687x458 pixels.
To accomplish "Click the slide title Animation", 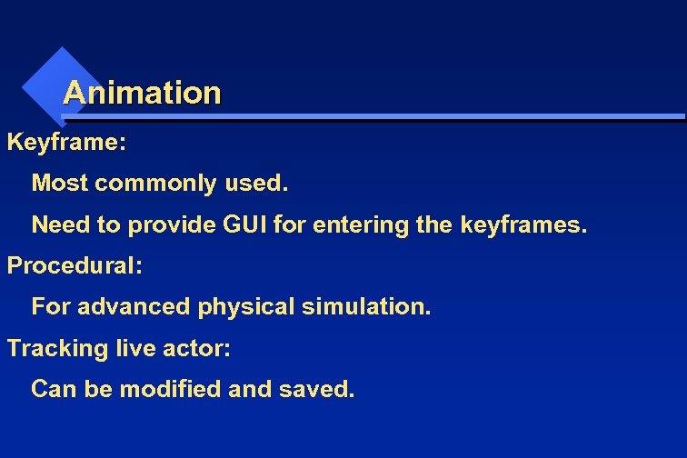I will (142, 93).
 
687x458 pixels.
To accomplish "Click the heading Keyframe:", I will (66, 143).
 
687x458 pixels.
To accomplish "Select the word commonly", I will (156, 184).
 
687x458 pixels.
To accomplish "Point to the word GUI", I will (244, 224).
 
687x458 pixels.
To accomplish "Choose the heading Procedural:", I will (75, 266).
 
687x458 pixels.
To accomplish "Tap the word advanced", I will (135, 306).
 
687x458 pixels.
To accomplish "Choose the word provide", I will (166, 224).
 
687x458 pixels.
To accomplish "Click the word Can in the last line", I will (52, 389).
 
